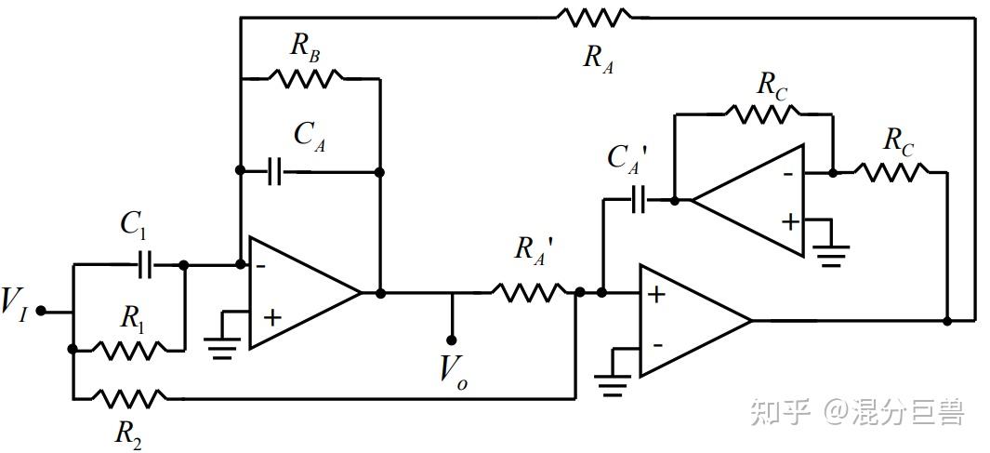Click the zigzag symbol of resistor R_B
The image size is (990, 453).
point(306,78)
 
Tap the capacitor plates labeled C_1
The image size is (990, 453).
point(145,266)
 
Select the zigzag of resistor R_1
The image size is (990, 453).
point(130,349)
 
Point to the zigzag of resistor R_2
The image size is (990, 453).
point(130,399)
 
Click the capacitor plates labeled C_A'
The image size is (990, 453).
point(639,200)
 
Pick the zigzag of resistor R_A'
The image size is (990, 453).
point(528,292)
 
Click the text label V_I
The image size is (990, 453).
point(14,304)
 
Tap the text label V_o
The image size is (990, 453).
point(454,372)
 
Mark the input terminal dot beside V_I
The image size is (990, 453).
point(40,310)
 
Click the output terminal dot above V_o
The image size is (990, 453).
point(451,340)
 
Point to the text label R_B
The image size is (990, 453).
point(305,48)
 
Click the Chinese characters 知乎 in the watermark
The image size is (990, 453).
point(780,413)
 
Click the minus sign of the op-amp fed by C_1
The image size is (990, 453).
point(261,265)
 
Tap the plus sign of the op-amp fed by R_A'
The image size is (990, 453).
point(656,295)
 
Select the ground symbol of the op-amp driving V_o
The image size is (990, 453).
point(221,346)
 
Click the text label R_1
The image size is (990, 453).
point(132,320)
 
